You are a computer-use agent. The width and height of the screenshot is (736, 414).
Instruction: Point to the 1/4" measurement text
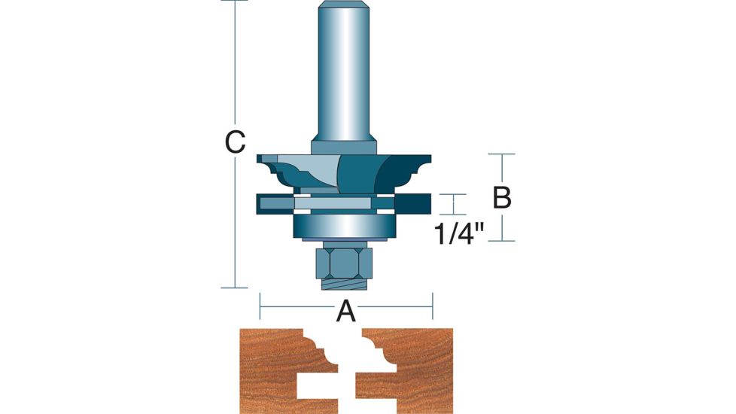point(458,233)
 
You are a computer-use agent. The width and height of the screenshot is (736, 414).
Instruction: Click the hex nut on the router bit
point(345,263)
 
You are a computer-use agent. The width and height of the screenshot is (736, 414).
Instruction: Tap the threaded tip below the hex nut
point(345,284)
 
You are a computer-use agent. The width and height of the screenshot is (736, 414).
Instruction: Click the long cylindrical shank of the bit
point(344,71)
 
